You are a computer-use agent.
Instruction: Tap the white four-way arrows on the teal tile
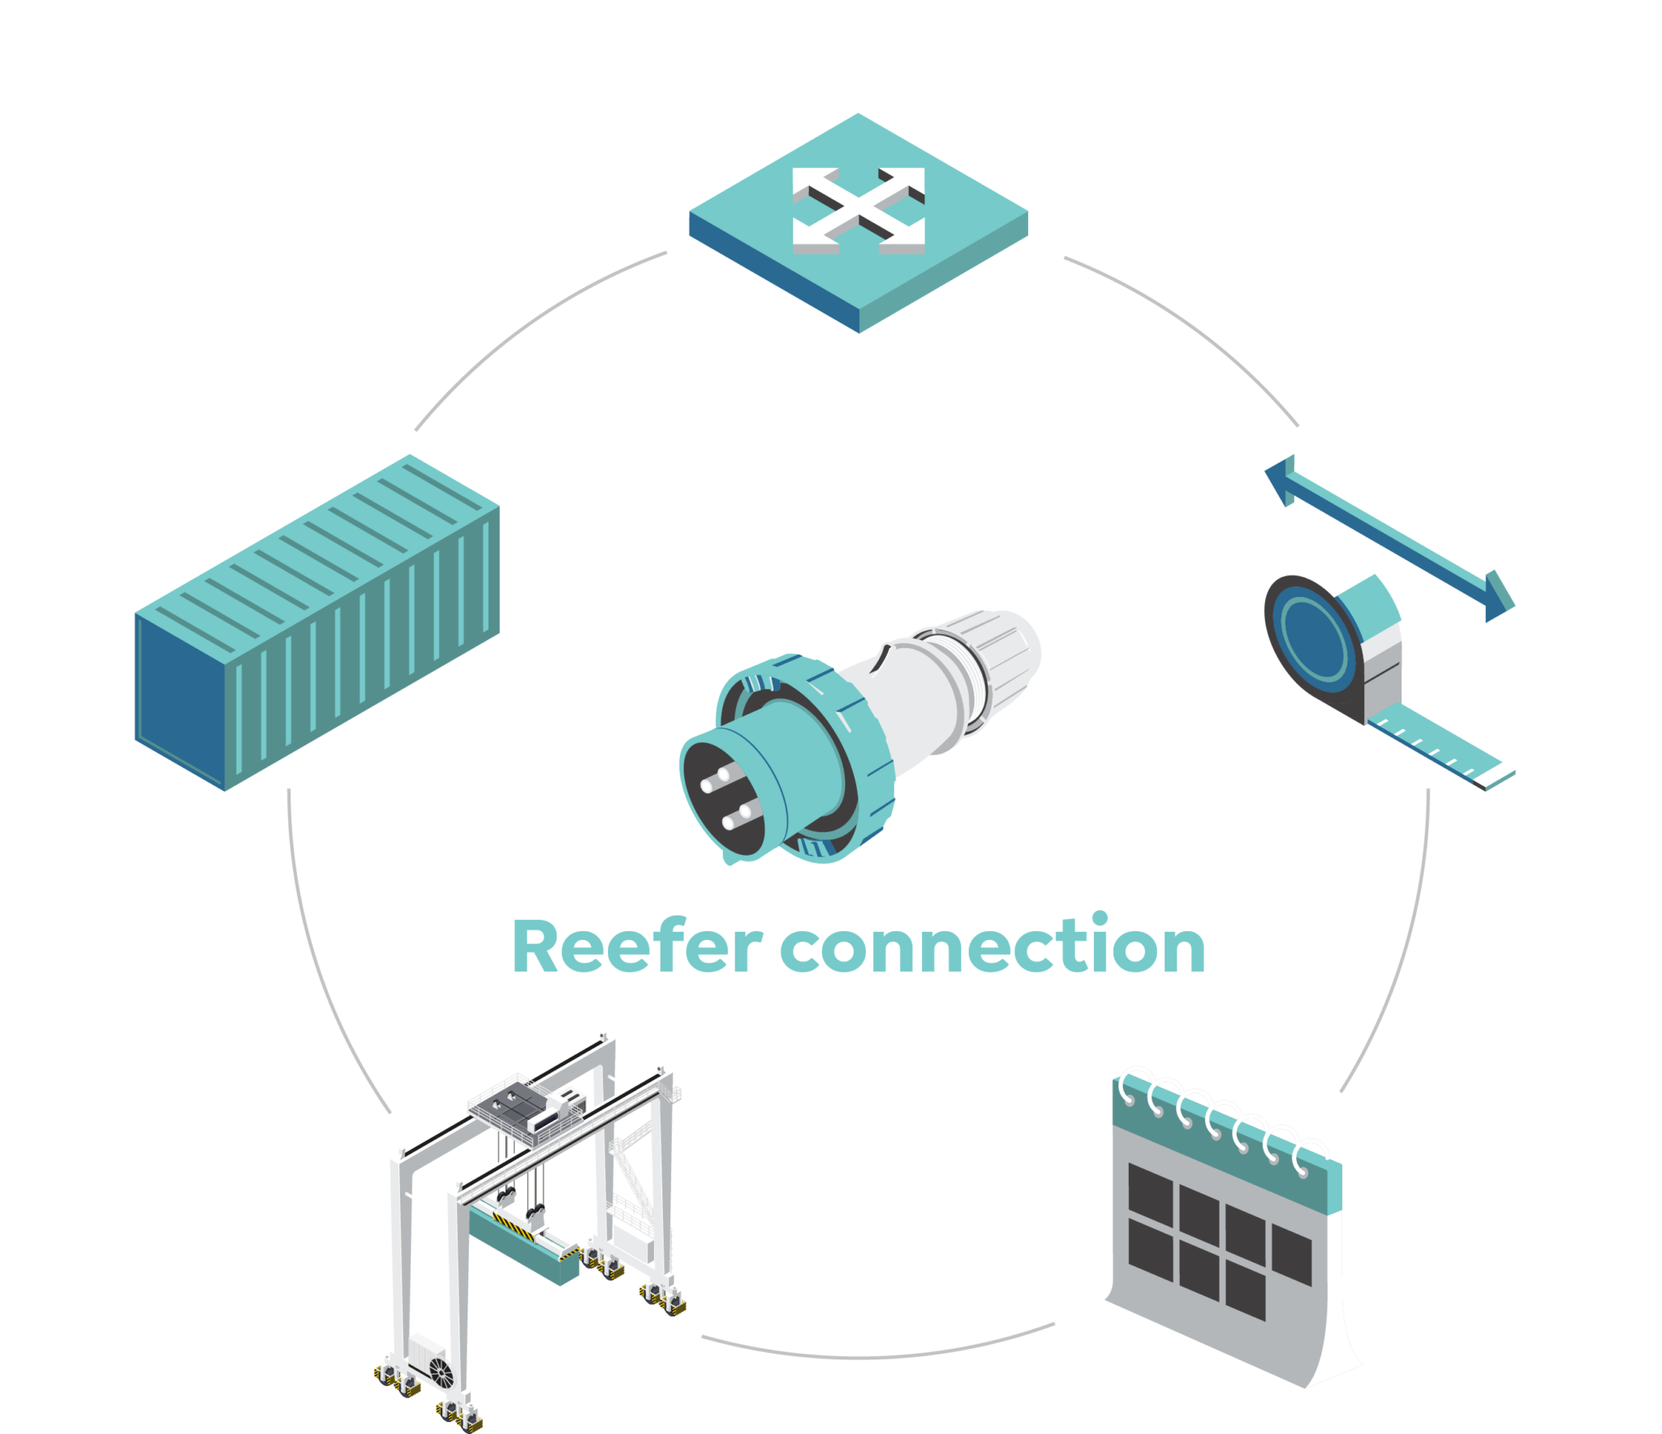[x=859, y=210]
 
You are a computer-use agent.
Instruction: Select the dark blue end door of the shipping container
[x=179, y=702]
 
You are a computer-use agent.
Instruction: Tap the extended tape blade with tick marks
[x=1440, y=747]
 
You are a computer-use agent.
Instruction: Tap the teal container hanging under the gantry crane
[x=524, y=1245]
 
